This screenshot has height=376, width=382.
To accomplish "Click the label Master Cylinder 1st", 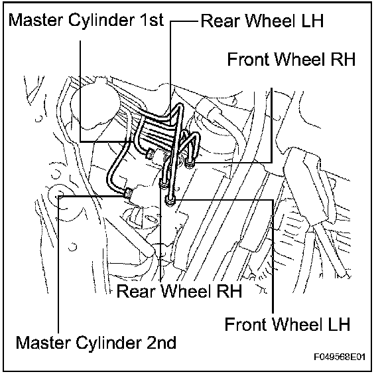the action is (x=86, y=20).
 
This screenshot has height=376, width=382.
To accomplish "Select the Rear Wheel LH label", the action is (x=262, y=21).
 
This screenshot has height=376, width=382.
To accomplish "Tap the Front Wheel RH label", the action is (x=291, y=59).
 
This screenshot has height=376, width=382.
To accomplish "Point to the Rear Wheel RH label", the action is (x=179, y=290).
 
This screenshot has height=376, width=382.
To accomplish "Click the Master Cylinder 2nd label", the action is (x=96, y=342).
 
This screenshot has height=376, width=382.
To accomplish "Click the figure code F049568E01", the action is (x=340, y=357).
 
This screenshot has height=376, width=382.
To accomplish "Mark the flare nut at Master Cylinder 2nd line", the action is (x=128, y=193).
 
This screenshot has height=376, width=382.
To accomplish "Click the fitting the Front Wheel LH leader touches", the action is (x=170, y=201).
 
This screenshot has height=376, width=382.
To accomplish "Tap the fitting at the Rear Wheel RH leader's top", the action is (x=163, y=183).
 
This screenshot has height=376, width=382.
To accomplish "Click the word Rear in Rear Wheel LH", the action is (x=220, y=21).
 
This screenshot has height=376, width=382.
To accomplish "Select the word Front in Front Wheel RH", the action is (x=248, y=59).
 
